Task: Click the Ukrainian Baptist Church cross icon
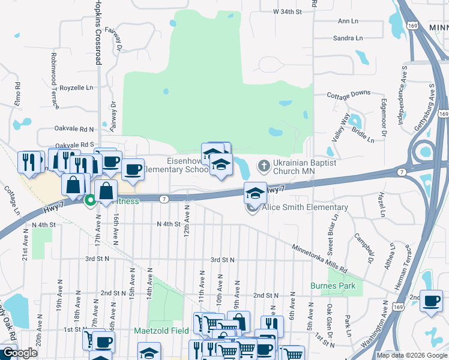click(263, 165)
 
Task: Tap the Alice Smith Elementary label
click(304, 208)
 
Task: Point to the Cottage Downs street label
click(349, 94)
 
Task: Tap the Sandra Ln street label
click(348, 38)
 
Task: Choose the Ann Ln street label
click(348, 21)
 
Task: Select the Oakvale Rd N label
click(74, 129)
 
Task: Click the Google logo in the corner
click(20, 353)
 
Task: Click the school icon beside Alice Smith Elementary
click(255, 194)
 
